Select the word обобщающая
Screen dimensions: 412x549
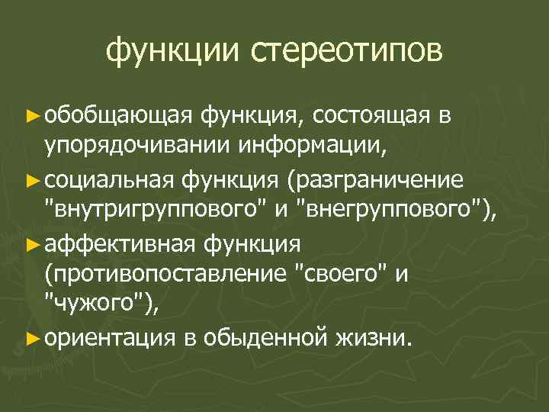(x=120, y=115)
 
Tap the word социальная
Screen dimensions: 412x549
(x=111, y=179)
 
